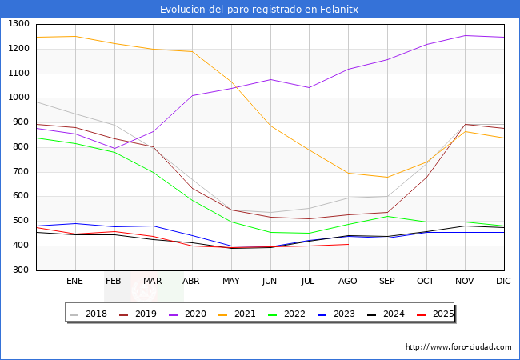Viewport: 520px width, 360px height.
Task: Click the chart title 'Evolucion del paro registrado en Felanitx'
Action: pos(259,9)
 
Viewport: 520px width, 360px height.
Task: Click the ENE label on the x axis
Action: pos(74,282)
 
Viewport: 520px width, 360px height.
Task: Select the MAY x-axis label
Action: pos(230,282)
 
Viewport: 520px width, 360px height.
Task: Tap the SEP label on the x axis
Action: pos(386,282)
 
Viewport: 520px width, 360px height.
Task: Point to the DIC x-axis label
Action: pos(503,282)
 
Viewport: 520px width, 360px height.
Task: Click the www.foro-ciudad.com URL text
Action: pos(458,347)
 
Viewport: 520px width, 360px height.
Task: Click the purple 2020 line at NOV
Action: pos(465,35)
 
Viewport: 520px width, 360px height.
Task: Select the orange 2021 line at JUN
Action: pos(270,126)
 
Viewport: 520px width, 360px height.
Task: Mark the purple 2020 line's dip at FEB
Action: pos(114,148)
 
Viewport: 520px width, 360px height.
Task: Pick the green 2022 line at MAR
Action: pos(153,172)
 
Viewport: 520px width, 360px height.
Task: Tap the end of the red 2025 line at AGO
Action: pos(347,244)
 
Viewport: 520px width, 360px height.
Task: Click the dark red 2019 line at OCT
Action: pos(426,177)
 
